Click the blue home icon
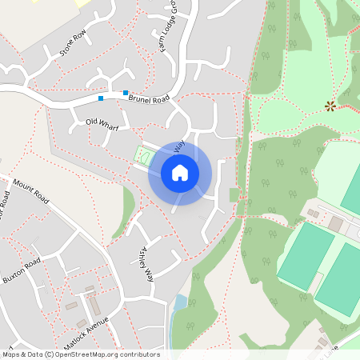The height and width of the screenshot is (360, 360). coord(180,172)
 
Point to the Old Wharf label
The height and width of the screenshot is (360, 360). coord(102,124)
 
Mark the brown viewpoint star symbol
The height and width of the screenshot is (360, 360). coord(330,105)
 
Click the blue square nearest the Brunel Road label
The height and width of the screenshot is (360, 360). coord(126,93)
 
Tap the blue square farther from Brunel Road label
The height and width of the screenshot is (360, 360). coord(100,98)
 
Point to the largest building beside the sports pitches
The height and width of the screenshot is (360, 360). coord(335,224)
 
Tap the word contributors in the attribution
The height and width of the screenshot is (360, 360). coord(139,354)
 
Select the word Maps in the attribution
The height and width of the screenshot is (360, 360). coord(11,354)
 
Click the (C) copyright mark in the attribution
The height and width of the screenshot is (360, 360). coord(49,354)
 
